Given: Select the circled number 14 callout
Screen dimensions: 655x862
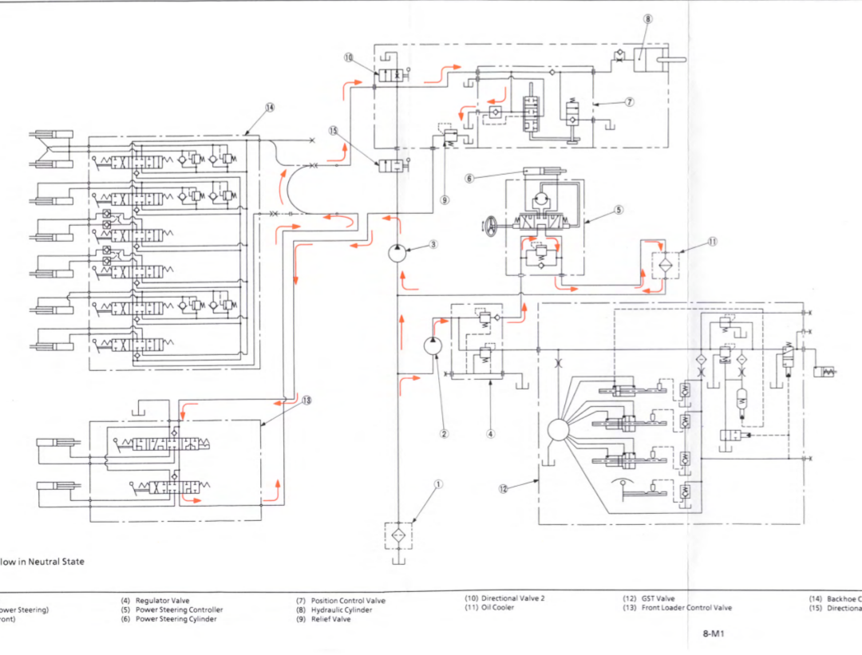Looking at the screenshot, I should click(x=269, y=107).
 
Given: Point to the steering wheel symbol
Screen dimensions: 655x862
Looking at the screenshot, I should click(x=491, y=227).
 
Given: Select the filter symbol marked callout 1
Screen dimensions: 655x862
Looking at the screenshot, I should click(x=397, y=535).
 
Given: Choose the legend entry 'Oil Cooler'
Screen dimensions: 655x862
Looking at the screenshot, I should click(x=497, y=608).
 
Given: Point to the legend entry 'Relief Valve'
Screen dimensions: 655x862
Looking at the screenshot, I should click(x=330, y=619).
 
